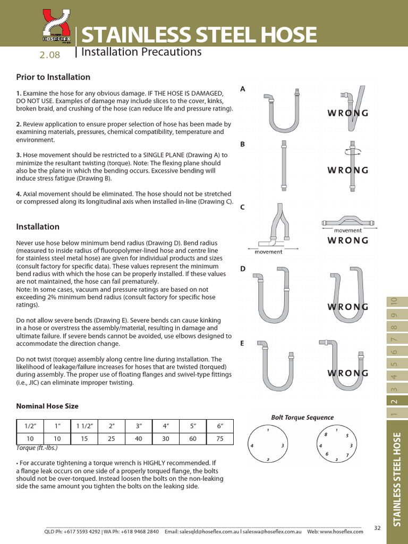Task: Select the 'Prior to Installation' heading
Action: point(53,77)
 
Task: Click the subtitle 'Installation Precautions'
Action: point(141,52)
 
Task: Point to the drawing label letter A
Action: point(243,89)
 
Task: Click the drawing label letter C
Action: point(243,207)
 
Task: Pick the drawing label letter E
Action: point(243,344)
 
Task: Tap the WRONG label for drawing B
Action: point(347,170)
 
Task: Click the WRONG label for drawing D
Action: point(347,307)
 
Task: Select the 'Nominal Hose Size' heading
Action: point(47,406)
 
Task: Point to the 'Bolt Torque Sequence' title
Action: point(302,418)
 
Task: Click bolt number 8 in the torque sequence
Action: point(326,435)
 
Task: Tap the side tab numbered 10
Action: point(394,300)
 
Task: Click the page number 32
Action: point(378,528)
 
